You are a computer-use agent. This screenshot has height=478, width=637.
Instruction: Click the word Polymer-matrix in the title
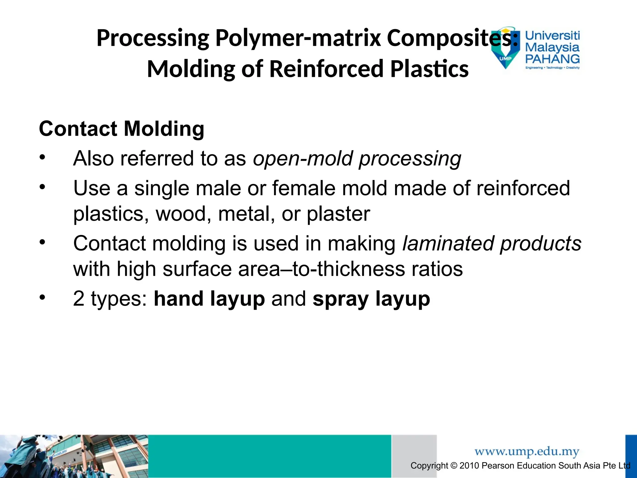click(298, 38)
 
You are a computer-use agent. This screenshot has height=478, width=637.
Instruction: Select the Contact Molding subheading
click(122, 129)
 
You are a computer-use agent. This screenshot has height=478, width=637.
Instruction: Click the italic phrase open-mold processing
click(357, 158)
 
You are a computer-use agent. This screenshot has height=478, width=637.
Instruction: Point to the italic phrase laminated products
click(491, 243)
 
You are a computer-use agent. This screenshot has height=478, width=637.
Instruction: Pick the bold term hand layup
click(209, 298)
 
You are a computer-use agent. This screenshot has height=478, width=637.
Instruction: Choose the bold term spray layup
click(371, 298)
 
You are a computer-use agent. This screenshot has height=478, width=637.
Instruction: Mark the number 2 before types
click(79, 298)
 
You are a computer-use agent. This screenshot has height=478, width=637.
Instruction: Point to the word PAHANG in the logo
click(552, 59)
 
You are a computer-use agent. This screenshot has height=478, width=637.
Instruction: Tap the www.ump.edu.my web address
click(527, 451)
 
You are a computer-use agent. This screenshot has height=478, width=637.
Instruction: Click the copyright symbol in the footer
click(454, 466)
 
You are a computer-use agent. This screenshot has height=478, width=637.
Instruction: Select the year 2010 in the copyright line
click(469, 466)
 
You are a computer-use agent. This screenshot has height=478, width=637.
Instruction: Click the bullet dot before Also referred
click(43, 157)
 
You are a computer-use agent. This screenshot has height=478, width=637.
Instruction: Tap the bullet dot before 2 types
click(43, 298)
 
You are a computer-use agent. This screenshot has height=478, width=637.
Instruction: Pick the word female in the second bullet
click(304, 188)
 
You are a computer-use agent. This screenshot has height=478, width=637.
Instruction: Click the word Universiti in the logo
click(552, 35)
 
